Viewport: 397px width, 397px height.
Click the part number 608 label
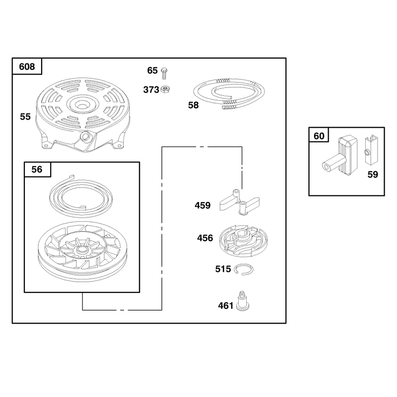click(27, 66)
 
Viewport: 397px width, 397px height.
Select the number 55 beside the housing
click(25, 117)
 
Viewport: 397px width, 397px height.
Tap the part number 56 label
click(37, 169)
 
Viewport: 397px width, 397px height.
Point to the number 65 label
click(152, 70)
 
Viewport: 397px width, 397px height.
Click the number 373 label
click(151, 90)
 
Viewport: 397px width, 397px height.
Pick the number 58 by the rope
click(194, 105)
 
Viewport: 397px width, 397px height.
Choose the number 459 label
click(202, 205)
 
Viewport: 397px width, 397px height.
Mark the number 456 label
click(205, 238)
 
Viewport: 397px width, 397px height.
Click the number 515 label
click(223, 269)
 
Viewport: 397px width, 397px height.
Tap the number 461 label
click(226, 306)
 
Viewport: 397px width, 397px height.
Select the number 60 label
click(319, 136)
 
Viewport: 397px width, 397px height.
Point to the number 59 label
click(373, 175)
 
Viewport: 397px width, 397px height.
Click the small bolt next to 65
click(164, 73)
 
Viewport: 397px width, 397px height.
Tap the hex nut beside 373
click(165, 89)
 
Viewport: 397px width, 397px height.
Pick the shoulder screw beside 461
click(242, 301)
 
